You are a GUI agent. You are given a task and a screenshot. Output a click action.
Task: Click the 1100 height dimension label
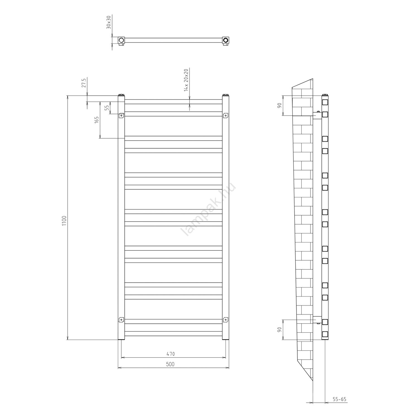pyautogui.click(x=64, y=221)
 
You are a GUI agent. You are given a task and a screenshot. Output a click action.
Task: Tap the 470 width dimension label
pyautogui.click(x=171, y=354)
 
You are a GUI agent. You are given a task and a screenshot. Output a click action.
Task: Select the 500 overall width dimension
pyautogui.click(x=170, y=364)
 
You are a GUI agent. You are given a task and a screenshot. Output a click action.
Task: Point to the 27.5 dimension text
pyautogui.click(x=84, y=83)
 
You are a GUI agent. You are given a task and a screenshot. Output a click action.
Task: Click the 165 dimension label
pyautogui.click(x=97, y=120)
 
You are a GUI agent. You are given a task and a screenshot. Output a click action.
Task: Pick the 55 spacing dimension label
pyautogui.click(x=107, y=108)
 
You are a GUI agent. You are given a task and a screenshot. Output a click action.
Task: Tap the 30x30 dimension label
pyautogui.click(x=109, y=22)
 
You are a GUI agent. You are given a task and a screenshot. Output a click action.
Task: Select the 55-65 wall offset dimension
pyautogui.click(x=339, y=399)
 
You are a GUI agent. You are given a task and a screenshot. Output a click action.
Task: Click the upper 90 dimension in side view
pyautogui.click(x=280, y=105)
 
